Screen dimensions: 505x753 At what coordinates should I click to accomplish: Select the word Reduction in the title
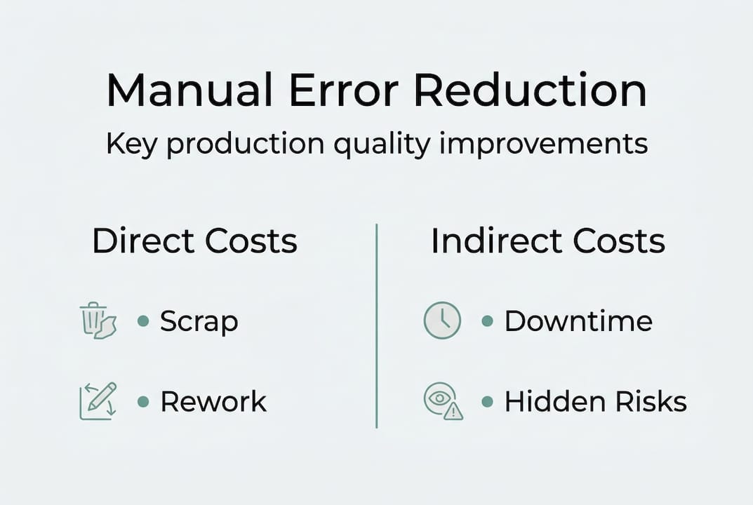531,90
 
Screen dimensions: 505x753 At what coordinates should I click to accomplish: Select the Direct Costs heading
194,241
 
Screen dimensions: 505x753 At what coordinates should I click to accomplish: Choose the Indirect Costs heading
547,241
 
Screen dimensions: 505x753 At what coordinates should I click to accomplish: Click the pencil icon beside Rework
98,401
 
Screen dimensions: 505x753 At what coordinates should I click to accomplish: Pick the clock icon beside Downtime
443,321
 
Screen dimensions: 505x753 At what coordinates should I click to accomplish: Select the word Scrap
199,322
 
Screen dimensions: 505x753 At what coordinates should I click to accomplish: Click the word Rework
213,402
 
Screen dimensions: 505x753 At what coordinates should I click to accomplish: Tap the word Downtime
578,321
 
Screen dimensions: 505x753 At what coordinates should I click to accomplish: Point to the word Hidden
545,402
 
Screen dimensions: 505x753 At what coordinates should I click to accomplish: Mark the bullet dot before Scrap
143,321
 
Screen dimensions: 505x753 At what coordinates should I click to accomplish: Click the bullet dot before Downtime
487,321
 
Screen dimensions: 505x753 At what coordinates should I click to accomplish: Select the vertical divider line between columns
377,325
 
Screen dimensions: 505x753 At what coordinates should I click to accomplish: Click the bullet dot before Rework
143,402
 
